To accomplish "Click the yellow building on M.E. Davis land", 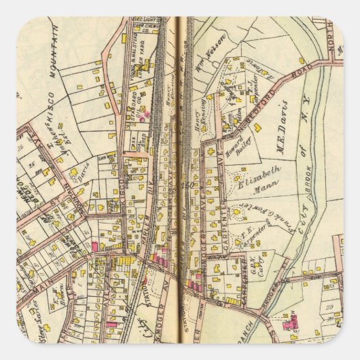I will tap(301, 60).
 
